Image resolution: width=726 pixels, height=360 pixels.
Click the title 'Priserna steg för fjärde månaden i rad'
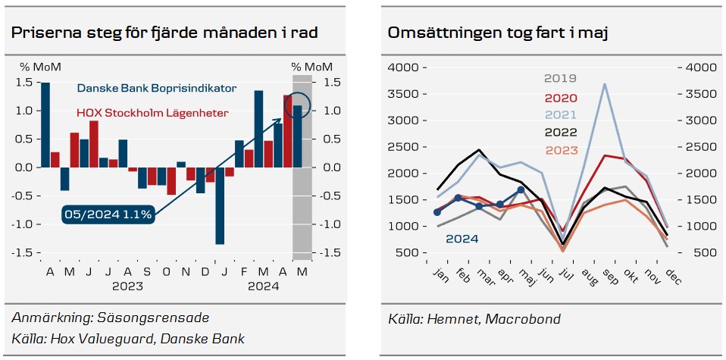point(164,33)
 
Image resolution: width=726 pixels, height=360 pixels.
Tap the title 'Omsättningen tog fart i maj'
point(500,33)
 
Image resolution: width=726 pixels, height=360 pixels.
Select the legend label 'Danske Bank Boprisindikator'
point(156,89)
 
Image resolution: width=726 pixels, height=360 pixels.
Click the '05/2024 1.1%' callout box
point(109,214)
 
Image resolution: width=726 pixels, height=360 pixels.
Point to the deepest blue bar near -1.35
point(220,205)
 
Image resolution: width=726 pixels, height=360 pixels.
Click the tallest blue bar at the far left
point(45,124)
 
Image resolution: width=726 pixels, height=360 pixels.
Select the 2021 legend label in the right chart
point(561,115)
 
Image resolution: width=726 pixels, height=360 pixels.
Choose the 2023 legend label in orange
point(561,149)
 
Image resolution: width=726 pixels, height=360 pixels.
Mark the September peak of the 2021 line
point(604,84)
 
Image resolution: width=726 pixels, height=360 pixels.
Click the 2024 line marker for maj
point(521,189)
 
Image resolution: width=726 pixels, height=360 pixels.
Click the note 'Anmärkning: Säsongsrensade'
point(111,317)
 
